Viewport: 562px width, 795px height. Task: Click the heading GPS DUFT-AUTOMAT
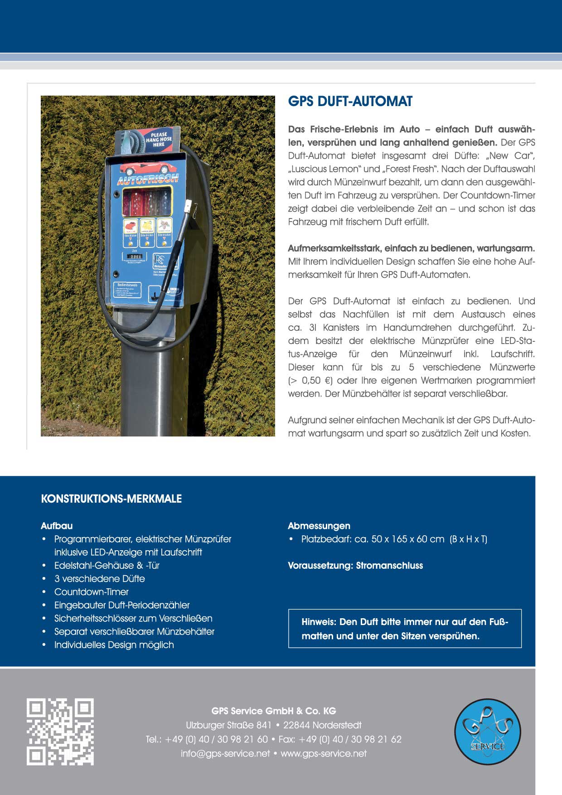(x=350, y=101)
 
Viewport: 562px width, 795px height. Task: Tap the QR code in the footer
(x=60, y=732)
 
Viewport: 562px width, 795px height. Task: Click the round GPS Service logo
(x=488, y=732)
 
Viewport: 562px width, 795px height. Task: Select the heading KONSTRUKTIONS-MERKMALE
(x=111, y=499)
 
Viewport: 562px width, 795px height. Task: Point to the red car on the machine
(x=135, y=169)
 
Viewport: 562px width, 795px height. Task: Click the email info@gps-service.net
(x=225, y=754)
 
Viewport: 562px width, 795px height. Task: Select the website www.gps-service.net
(x=324, y=754)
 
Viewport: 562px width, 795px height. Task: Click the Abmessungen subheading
(x=319, y=526)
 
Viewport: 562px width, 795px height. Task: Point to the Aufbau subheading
(x=57, y=526)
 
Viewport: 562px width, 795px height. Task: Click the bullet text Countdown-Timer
(x=92, y=592)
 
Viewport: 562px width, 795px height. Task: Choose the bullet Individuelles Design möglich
(x=114, y=645)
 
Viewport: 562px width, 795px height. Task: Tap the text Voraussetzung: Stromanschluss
(x=355, y=566)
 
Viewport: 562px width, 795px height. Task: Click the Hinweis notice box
(x=405, y=629)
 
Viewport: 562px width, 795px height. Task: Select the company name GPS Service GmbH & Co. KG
(x=274, y=711)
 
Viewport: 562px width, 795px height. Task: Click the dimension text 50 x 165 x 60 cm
(x=408, y=539)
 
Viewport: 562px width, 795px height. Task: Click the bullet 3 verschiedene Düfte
(x=100, y=579)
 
